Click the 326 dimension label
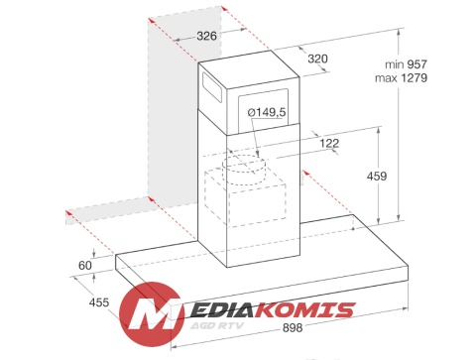click(x=206, y=36)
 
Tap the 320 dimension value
click(x=317, y=59)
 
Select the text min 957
click(x=406, y=64)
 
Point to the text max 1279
click(x=401, y=78)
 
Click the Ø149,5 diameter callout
click(x=267, y=112)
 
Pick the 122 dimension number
click(x=329, y=143)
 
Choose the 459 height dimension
click(x=377, y=176)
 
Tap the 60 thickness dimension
click(x=85, y=265)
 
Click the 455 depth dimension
click(x=99, y=302)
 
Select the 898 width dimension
click(x=293, y=327)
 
